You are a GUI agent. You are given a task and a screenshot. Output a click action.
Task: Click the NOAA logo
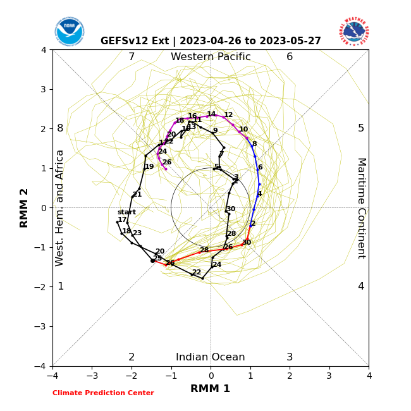pos(69,32)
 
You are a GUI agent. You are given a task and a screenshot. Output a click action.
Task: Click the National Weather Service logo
pos(353,32)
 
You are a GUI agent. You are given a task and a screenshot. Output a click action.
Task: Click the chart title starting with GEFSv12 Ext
pos(211,41)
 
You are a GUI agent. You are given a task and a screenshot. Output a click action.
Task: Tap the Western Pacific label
pos(211,57)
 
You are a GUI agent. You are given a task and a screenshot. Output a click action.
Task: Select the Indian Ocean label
pos(211,357)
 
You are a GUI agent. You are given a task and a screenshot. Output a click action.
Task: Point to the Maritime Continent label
pos(361,208)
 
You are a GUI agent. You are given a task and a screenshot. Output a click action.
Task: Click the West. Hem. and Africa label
pos(60,208)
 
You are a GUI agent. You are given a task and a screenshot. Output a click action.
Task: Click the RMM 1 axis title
pos(211,389)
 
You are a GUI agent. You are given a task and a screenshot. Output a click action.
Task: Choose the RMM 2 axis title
pos(25,208)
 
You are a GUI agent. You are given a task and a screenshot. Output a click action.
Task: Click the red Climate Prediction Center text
pos(103,393)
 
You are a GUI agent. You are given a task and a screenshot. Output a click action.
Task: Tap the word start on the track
pos(126,212)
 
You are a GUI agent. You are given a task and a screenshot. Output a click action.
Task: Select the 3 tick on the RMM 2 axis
pos(44,89)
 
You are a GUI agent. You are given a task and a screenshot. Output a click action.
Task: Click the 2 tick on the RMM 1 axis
pos(290,376)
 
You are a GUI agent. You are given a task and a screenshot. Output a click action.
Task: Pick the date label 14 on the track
pos(211,114)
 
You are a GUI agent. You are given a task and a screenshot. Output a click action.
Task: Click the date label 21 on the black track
pos(137,195)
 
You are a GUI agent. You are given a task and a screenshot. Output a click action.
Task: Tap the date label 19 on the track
pos(149,167)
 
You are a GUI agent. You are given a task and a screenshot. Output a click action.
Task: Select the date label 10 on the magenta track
pos(243,130)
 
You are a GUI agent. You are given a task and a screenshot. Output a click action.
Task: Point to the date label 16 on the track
pos(192,116)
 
